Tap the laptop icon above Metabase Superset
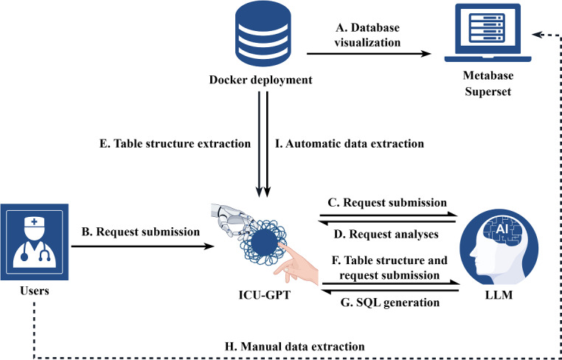click(488, 33)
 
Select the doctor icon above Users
click(35, 242)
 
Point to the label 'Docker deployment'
click(260, 80)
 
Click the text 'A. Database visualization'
click(367, 35)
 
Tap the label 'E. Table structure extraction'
click(175, 144)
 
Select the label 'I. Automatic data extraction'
click(350, 144)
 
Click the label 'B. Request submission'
click(140, 232)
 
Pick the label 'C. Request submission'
click(388, 203)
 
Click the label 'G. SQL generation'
click(389, 302)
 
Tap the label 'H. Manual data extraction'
click(294, 347)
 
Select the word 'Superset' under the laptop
click(488, 91)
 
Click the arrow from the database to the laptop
click(369, 54)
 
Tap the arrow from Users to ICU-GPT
click(142, 246)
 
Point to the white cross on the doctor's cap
click(34, 222)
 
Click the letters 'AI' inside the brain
click(501, 230)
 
